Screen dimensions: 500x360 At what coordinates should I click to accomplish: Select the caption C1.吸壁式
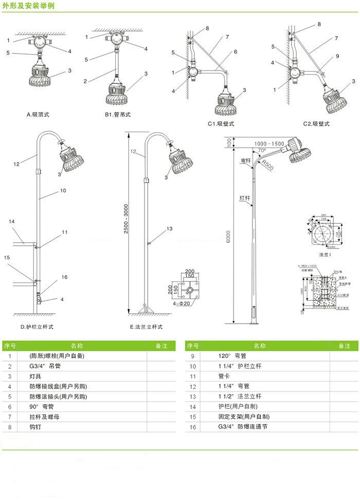tap(222, 124)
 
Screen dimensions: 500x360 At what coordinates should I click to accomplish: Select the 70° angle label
tap(262, 151)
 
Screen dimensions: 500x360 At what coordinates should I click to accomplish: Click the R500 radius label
tap(268, 165)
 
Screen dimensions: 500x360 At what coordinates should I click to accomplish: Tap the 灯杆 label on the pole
tap(245, 198)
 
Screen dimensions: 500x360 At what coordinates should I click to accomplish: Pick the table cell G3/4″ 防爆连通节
tap(243, 427)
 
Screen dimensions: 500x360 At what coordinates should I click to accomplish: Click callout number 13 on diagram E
tap(169, 228)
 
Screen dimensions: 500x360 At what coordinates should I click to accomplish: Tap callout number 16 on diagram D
tap(64, 277)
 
